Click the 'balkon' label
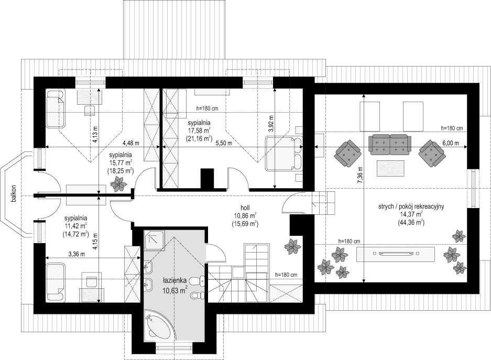[14, 194]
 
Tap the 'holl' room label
[245, 207]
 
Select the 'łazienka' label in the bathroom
[174, 280]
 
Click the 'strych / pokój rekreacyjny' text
[411, 206]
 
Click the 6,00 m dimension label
[451, 144]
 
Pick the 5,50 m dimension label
[224, 144]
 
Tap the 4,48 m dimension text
[130, 144]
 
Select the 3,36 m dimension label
[77, 254]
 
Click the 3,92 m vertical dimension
[271, 124]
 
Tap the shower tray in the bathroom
[154, 241]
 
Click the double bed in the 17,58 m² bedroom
[283, 154]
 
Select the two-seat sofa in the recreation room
[389, 145]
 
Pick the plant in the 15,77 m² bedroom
[118, 184]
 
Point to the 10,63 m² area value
[174, 290]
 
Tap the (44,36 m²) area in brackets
[411, 222]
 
